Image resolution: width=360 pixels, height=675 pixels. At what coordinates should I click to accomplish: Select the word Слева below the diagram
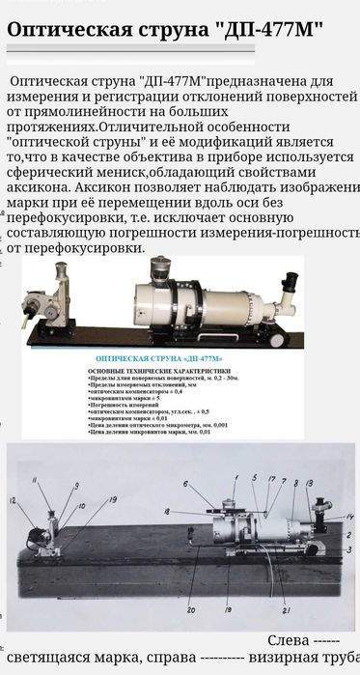[289, 641]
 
